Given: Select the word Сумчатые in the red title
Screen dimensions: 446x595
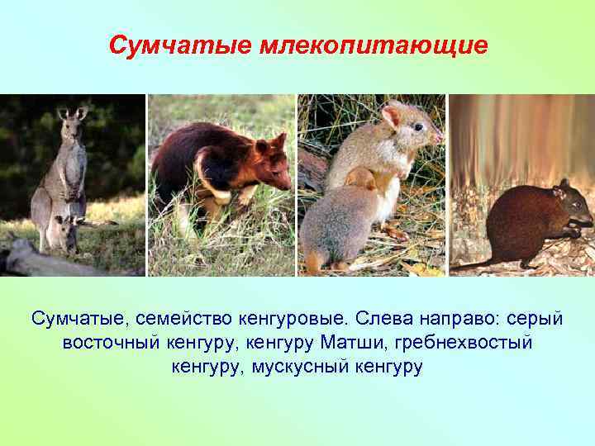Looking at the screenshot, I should [x=178, y=45].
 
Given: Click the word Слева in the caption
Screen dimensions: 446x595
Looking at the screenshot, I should [x=388, y=318].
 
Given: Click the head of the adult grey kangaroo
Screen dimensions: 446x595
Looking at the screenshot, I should [x=71, y=122].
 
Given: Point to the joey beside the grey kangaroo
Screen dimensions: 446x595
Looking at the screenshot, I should [x=64, y=233].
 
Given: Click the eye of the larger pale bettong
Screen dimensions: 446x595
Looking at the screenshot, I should [x=417, y=127].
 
